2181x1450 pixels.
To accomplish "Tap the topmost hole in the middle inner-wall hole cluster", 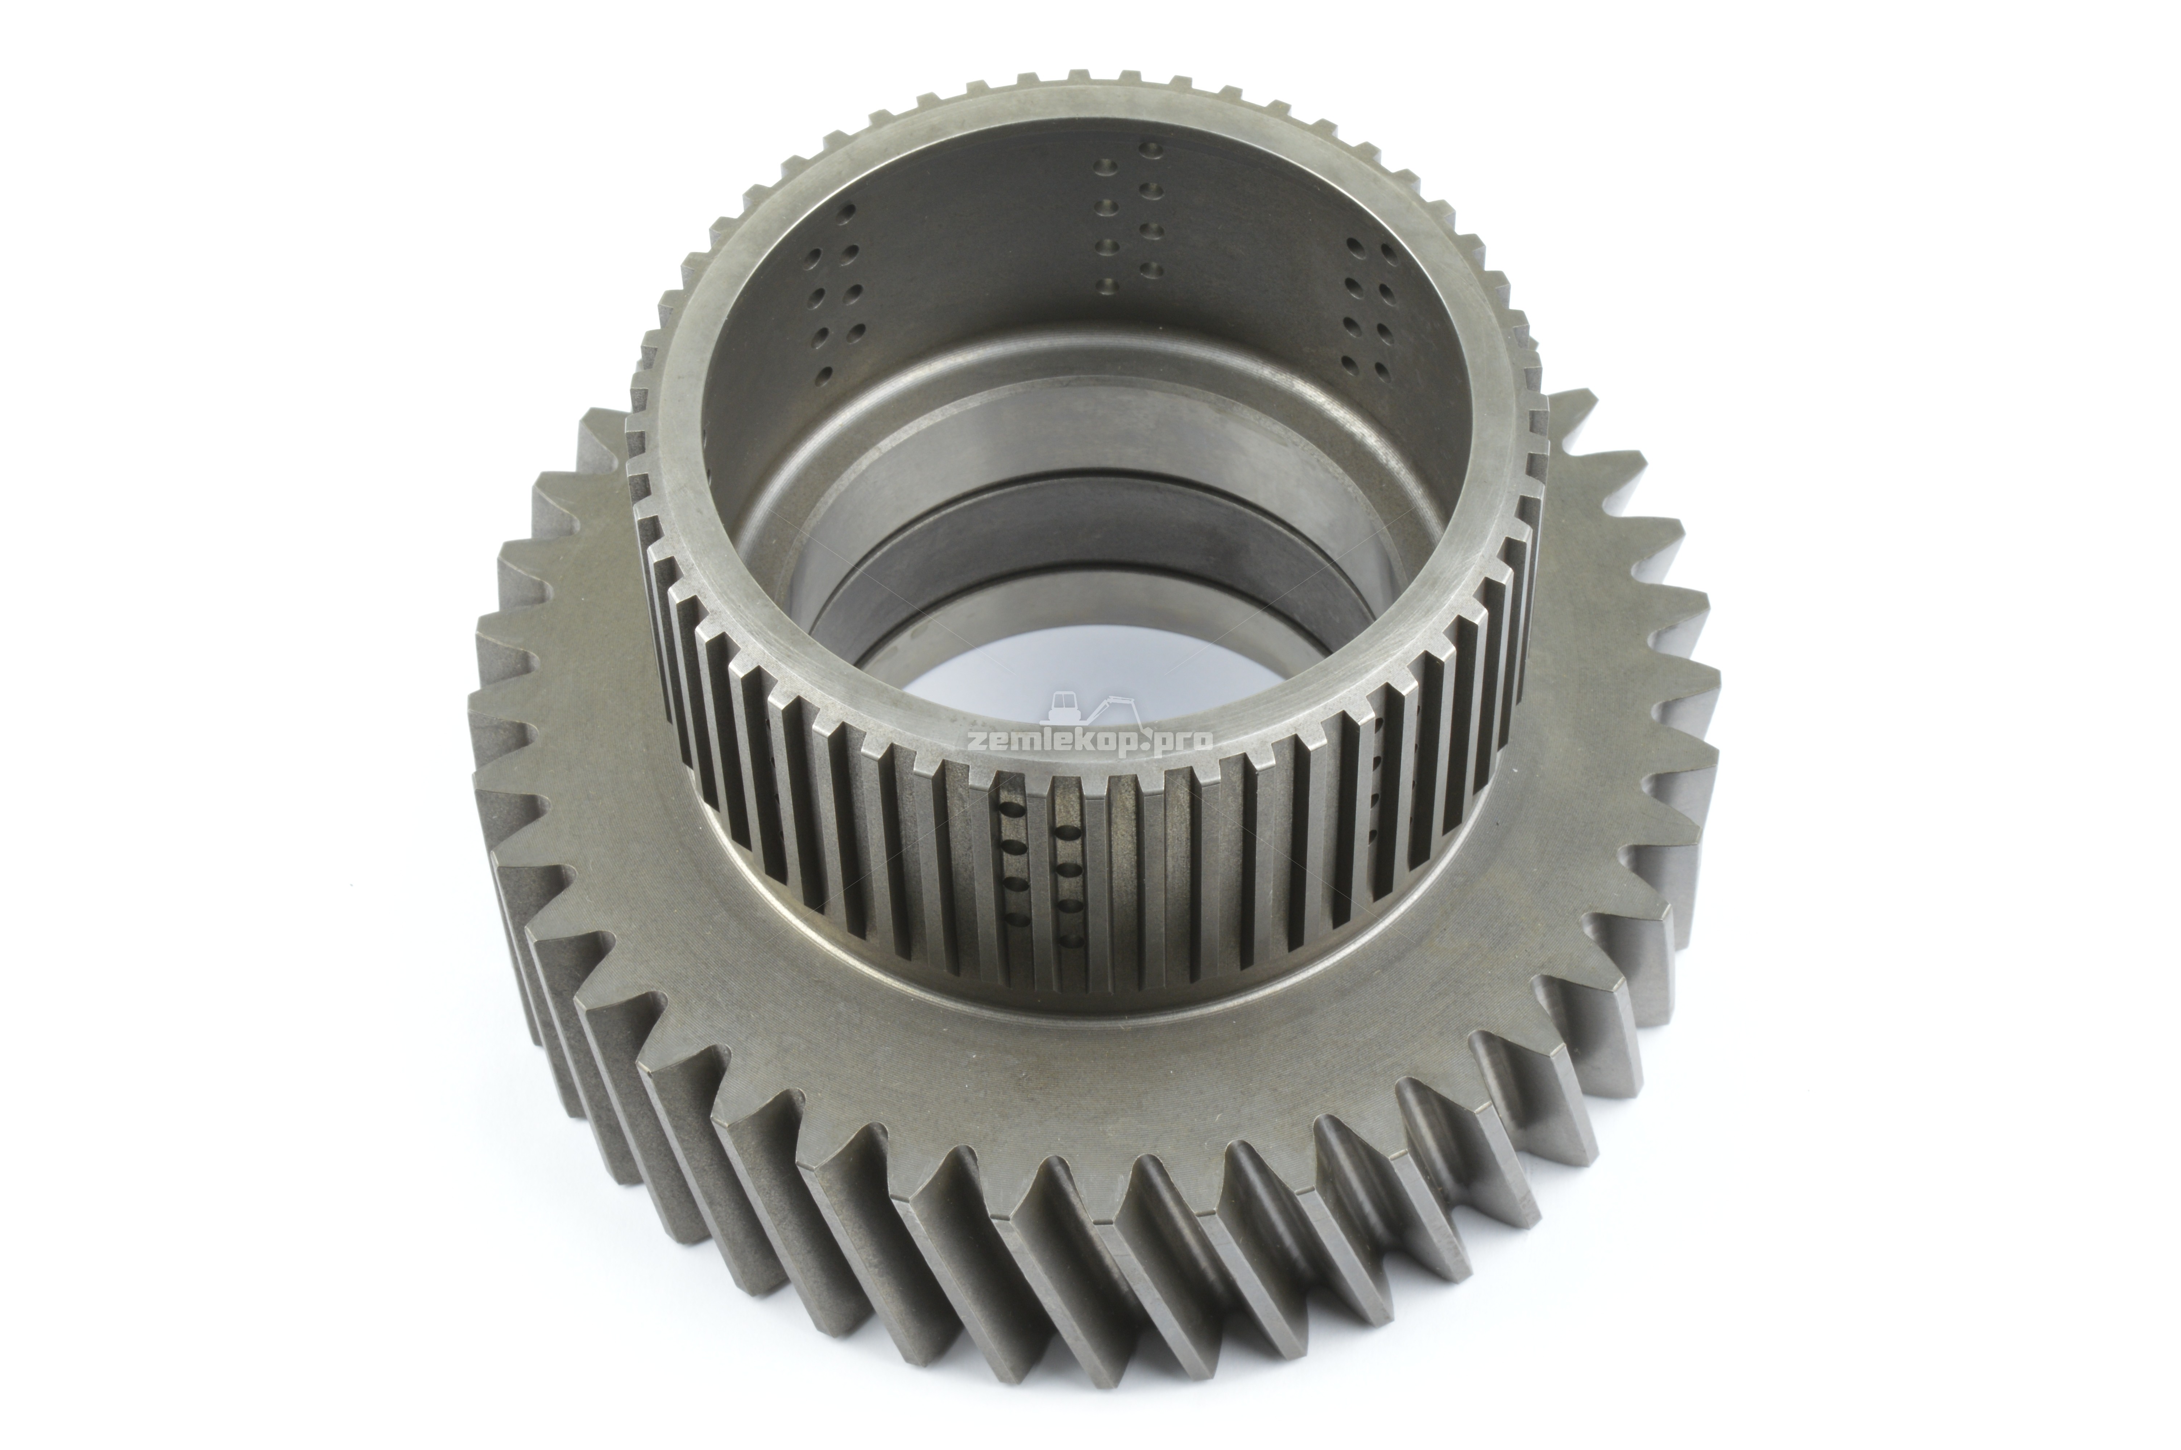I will point(1151,148).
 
